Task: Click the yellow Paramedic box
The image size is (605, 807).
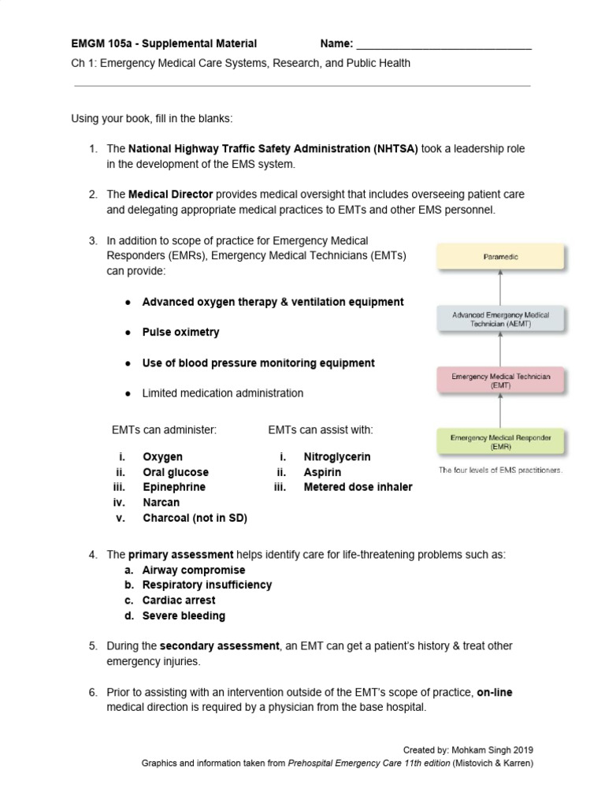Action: click(x=501, y=256)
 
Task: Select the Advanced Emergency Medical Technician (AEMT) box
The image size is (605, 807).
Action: click(x=501, y=319)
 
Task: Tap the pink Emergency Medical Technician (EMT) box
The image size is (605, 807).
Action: click(x=501, y=381)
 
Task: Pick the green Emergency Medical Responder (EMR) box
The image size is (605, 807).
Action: click(x=501, y=441)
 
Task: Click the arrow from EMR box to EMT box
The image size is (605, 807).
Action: click(x=501, y=411)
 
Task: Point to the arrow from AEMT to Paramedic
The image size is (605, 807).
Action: click(x=501, y=288)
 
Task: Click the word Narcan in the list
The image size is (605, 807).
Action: click(x=161, y=502)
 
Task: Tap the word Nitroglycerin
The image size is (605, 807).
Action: click(x=336, y=456)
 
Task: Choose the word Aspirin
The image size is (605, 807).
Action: click(x=322, y=472)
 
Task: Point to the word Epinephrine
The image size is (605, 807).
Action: click(x=173, y=487)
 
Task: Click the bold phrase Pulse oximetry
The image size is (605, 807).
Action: click(x=180, y=332)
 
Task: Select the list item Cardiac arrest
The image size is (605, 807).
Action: click(x=179, y=600)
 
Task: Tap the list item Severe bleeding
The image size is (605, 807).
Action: click(x=184, y=615)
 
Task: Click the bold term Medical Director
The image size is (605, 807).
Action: click(x=170, y=194)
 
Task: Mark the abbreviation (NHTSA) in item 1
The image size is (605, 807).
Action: click(x=395, y=148)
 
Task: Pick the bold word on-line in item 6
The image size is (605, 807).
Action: click(x=495, y=692)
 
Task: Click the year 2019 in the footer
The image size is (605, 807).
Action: click(x=532, y=749)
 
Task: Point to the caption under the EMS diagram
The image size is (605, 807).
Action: click(x=501, y=470)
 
